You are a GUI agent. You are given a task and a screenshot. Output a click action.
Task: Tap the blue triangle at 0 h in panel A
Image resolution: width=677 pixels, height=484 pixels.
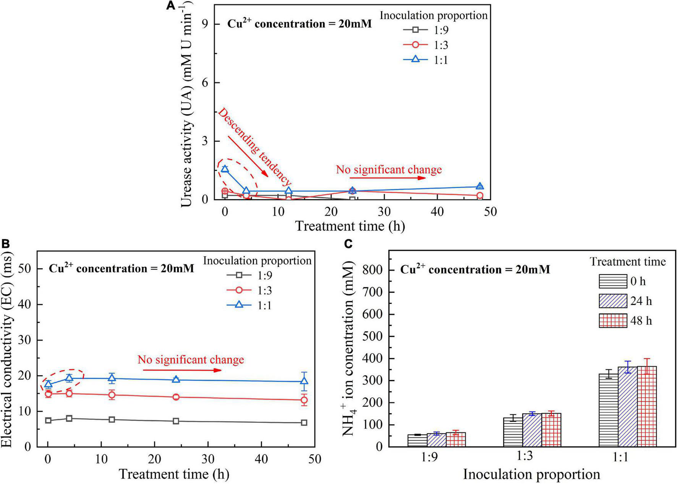225,169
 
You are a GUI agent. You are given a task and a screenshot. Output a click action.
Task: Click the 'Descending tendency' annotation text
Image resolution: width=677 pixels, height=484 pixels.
254,148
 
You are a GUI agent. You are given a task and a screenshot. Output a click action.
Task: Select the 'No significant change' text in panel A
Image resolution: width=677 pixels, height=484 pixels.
389,169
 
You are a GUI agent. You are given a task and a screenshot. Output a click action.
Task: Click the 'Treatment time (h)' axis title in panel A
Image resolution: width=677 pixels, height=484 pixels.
350,226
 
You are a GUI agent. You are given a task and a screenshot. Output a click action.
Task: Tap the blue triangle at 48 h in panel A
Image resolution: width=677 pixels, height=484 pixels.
480,186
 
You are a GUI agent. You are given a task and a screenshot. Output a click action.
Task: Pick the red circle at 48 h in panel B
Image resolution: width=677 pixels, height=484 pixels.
304,400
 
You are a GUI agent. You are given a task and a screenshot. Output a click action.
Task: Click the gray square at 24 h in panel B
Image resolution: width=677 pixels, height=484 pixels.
176,421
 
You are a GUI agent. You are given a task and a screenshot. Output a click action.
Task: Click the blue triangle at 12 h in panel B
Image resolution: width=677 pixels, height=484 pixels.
112,378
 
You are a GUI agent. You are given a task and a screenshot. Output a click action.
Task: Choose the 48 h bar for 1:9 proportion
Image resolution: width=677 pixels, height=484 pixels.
456,440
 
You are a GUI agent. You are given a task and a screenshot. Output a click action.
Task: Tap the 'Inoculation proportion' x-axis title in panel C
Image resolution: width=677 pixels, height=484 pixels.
531,474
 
